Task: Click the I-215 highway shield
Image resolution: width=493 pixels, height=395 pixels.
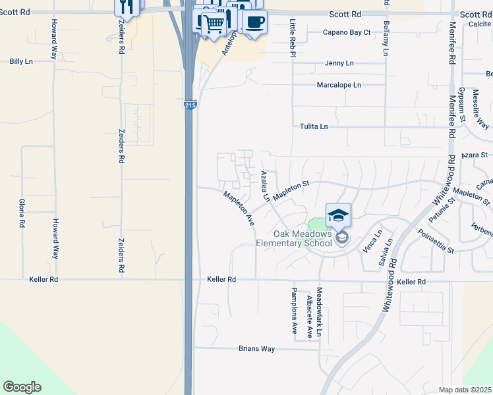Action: [190, 105]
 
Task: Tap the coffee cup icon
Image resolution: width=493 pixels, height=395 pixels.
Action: [254, 22]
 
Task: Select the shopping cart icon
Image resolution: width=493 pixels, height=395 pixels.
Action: [213, 24]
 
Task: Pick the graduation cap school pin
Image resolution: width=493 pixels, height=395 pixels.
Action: [338, 216]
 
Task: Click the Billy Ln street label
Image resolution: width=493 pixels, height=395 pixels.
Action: [21, 61]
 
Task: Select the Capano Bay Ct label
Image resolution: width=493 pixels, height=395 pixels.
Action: [347, 32]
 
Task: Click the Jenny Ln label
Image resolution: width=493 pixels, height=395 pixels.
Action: [339, 63]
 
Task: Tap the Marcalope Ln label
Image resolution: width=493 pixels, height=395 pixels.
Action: [339, 85]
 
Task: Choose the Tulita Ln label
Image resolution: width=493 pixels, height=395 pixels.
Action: [314, 126]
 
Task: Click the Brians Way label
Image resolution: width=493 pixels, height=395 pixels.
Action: [256, 348]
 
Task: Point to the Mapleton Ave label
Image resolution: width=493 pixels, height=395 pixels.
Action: [238, 209]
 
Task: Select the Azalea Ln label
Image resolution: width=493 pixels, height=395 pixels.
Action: [265, 186]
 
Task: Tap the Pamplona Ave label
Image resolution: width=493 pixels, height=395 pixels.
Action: [295, 311]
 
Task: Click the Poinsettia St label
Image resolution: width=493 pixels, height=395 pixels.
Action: [436, 241]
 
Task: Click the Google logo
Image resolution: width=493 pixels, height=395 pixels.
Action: [22, 387]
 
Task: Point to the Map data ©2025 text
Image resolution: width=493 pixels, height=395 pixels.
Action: [465, 390]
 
